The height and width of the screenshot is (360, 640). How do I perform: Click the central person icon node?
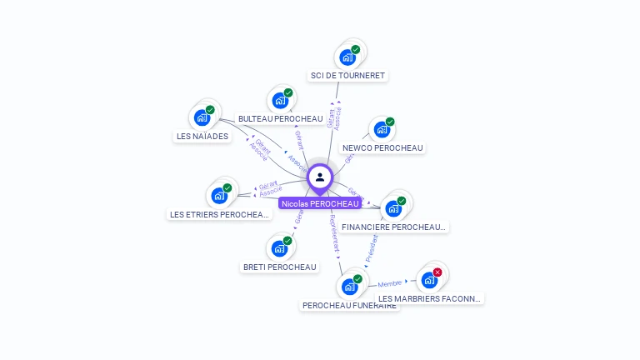pos(320,177)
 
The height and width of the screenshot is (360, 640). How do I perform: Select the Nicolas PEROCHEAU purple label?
pos(320,203)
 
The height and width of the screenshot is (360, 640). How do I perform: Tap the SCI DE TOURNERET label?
pos(347,76)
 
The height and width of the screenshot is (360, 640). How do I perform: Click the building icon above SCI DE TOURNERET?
pos(347,57)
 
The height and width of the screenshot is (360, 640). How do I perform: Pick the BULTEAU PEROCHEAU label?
pos(280,119)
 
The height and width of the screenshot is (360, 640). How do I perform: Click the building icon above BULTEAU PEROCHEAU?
pos(280,101)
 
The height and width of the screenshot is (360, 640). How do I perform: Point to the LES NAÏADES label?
pos(202,137)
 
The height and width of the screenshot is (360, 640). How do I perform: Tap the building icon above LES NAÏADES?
pos(202,117)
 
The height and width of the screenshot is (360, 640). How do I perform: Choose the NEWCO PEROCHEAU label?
pos(382,148)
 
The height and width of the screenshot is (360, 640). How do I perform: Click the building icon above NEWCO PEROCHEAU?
pos(382,130)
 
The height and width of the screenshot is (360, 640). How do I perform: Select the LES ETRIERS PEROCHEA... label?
pos(220,215)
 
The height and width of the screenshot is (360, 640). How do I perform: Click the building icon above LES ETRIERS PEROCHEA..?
pos(220,196)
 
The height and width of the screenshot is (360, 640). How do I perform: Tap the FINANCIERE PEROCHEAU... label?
pos(394,227)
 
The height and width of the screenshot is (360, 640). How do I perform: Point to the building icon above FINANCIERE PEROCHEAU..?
pos(393,208)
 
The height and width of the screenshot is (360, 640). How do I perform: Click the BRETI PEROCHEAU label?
pos(280,267)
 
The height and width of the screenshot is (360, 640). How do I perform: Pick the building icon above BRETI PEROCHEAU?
pos(280,248)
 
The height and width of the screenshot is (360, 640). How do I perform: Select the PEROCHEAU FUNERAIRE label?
pos(349,306)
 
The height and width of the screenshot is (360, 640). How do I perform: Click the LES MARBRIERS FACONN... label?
pos(430,298)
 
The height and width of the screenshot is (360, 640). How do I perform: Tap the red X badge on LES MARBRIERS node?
pos(437,272)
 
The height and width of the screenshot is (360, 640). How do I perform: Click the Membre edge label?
pos(389,284)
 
